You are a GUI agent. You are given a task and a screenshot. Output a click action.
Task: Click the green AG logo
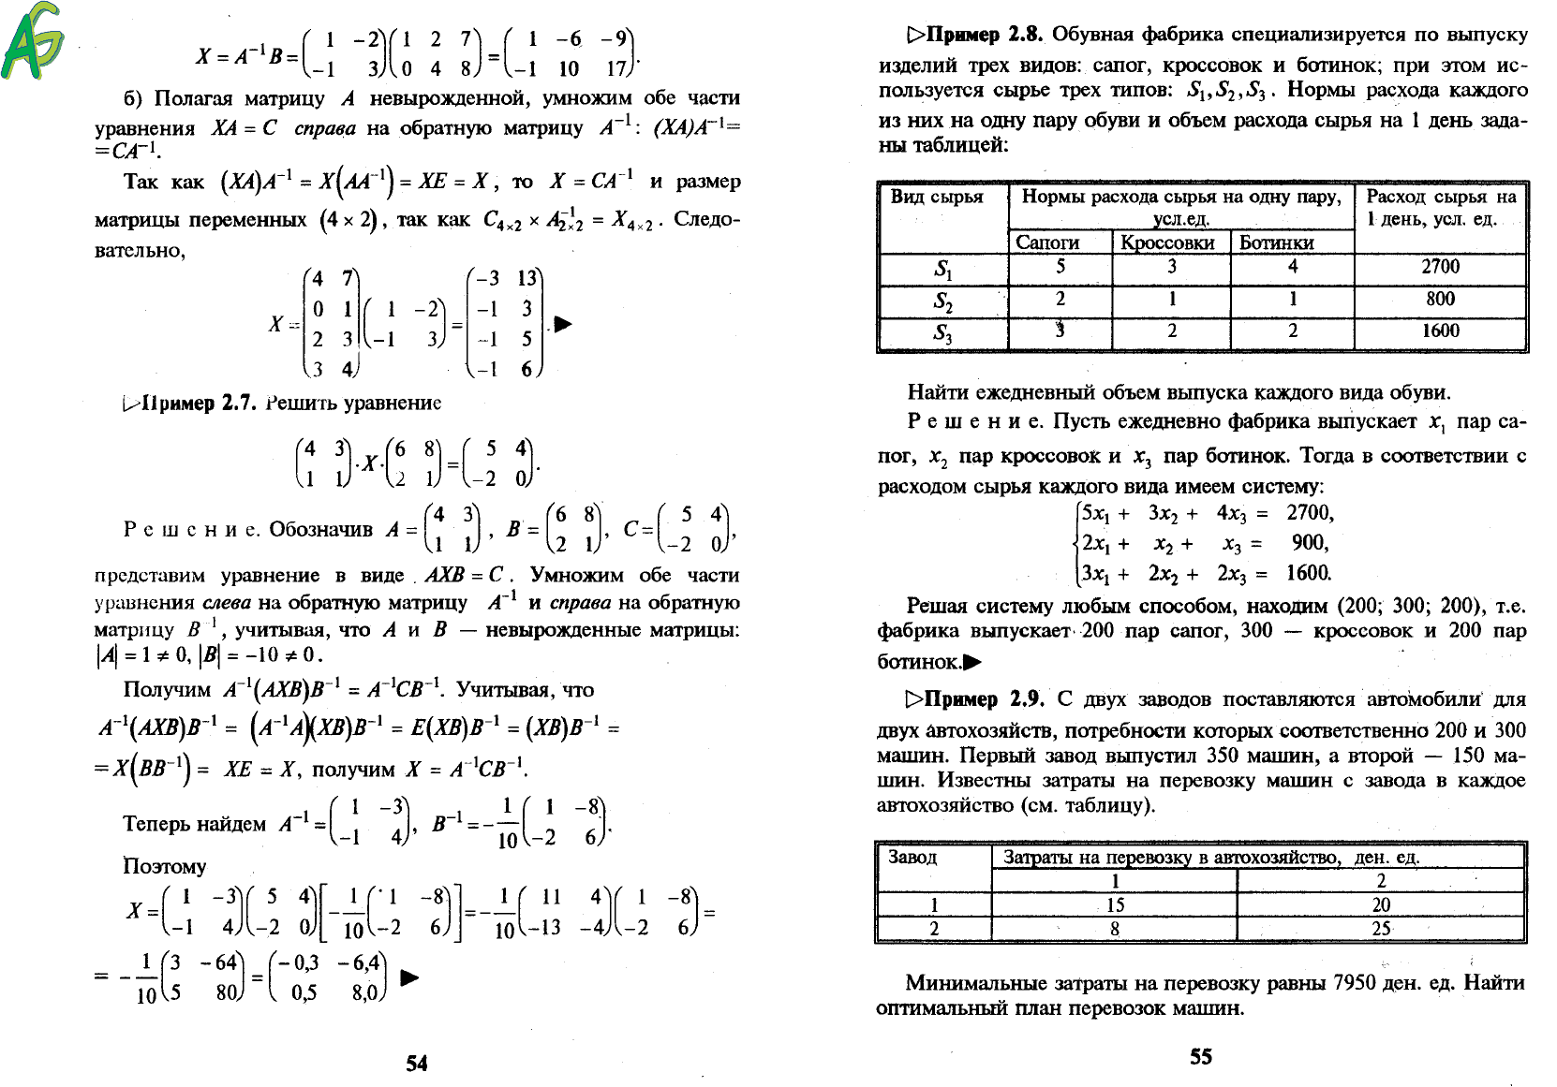click(x=33, y=41)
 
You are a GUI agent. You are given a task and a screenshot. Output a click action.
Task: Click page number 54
click(x=417, y=1063)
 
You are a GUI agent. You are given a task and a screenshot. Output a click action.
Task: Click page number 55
click(x=1201, y=1056)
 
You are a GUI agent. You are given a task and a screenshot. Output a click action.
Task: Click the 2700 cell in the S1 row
click(x=1440, y=267)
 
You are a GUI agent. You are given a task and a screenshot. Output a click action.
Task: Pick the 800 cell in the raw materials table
click(x=1440, y=299)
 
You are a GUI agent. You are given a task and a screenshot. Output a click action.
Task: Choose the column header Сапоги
click(x=1047, y=242)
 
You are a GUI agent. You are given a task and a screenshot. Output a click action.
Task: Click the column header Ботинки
click(x=1276, y=242)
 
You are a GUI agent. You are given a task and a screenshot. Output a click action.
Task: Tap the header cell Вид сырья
click(x=937, y=197)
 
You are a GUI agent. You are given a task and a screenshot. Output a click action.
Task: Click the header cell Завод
click(x=912, y=857)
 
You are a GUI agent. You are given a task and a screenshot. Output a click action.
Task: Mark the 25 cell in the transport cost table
click(x=1381, y=929)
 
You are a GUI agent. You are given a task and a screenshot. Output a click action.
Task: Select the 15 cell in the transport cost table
click(x=1115, y=905)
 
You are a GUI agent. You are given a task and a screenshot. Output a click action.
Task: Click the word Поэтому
click(x=165, y=866)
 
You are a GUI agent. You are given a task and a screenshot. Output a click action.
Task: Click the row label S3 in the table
click(x=942, y=333)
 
